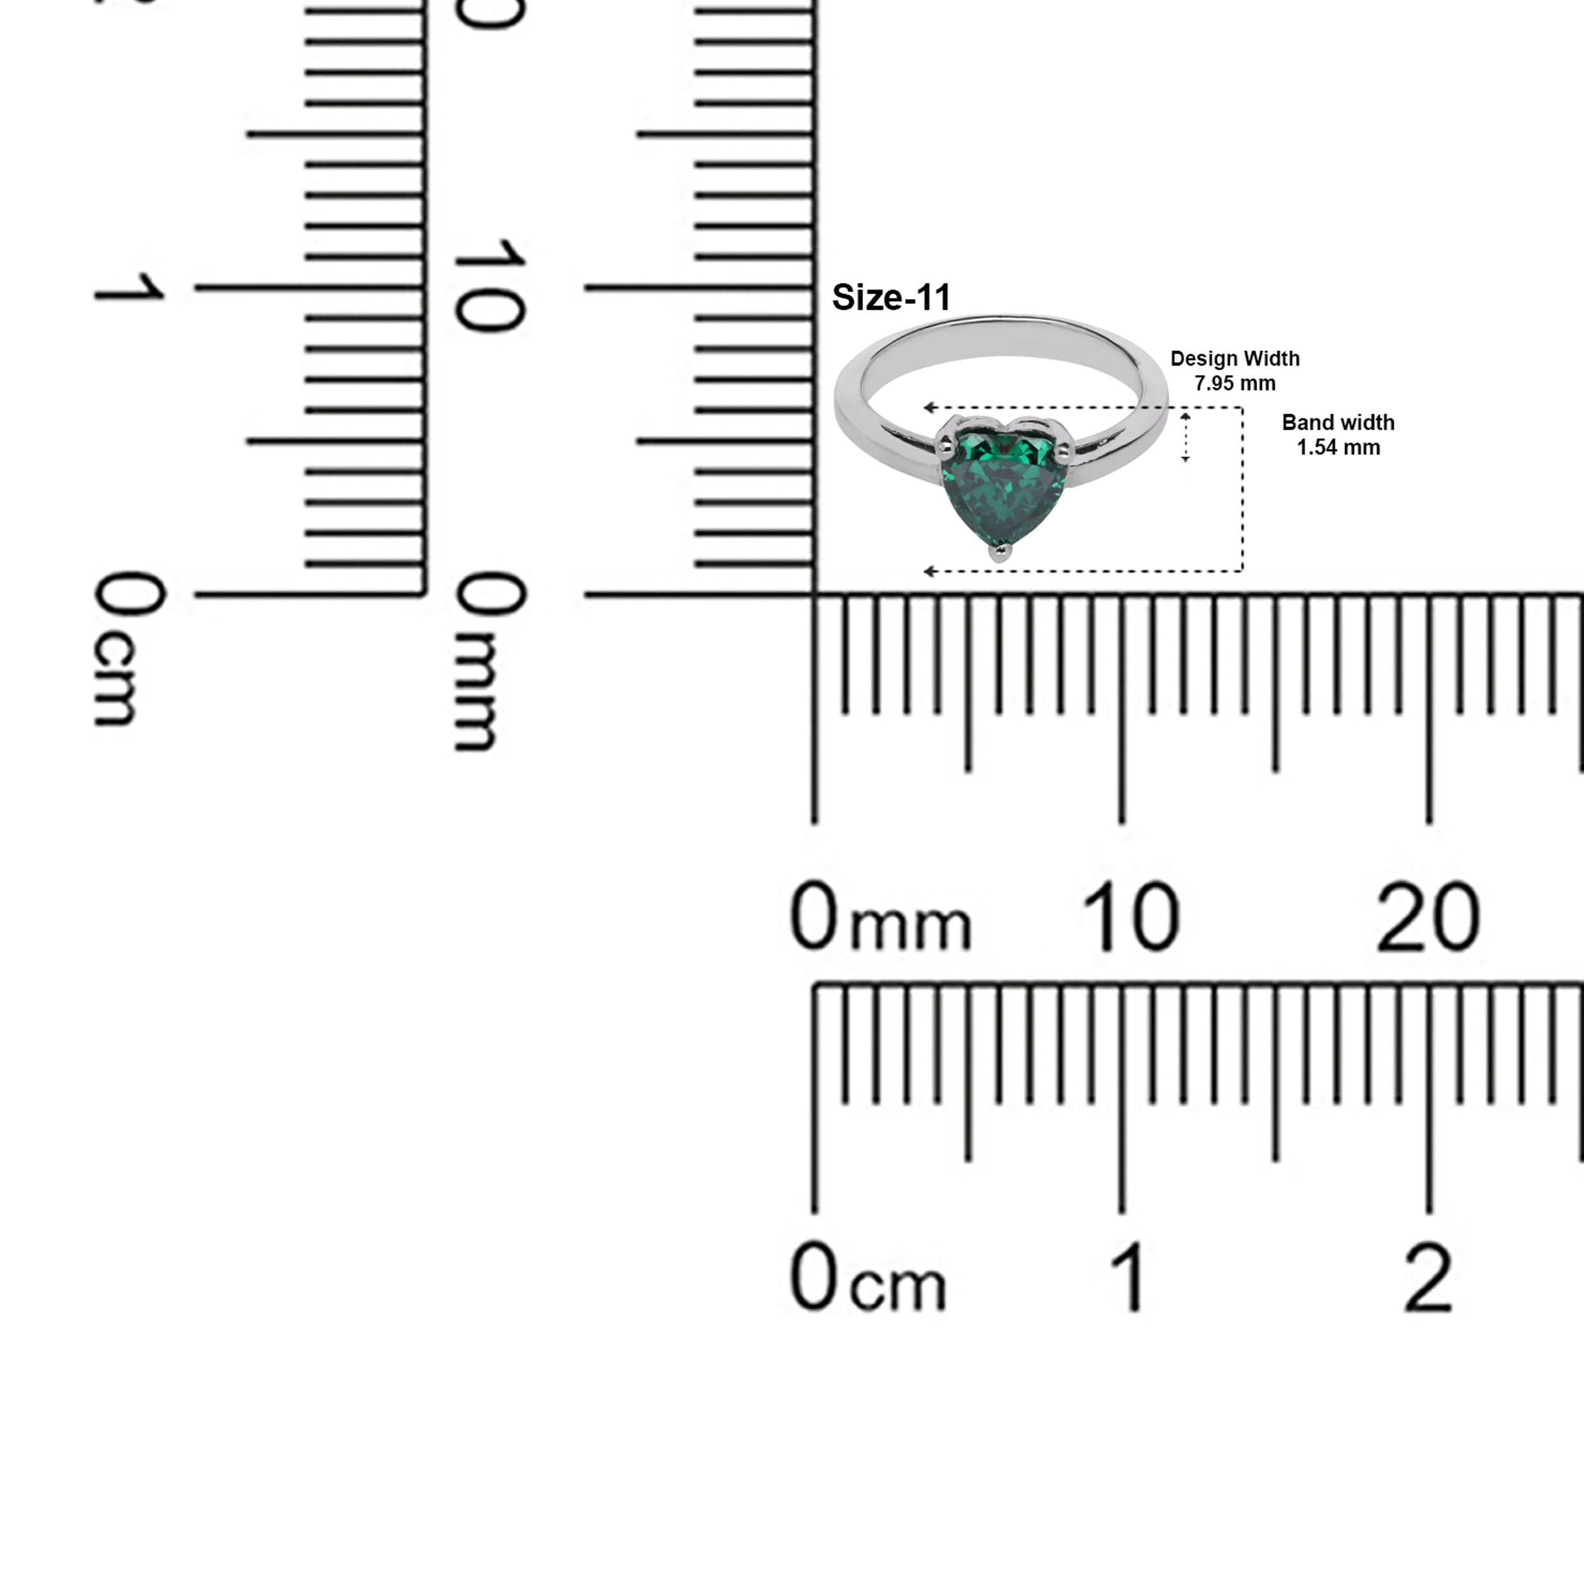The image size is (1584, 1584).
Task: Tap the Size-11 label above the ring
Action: click(x=891, y=298)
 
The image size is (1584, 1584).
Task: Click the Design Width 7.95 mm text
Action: click(x=1235, y=371)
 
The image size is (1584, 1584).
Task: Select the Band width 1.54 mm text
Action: click(x=1338, y=435)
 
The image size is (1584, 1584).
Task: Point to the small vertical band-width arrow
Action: click(x=1185, y=438)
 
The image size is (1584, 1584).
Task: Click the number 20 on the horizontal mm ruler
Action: click(x=1428, y=917)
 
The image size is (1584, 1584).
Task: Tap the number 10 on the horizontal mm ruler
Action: click(x=1132, y=917)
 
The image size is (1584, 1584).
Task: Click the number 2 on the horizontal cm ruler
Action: click(x=1428, y=1279)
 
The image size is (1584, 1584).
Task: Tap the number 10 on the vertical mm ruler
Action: click(x=490, y=285)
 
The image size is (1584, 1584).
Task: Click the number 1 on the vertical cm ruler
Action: click(x=129, y=287)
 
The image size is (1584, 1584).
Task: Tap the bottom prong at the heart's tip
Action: click(x=999, y=554)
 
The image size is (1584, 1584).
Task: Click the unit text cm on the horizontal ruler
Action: click(x=898, y=1287)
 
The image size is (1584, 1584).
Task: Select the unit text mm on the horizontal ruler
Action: click(x=910, y=926)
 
